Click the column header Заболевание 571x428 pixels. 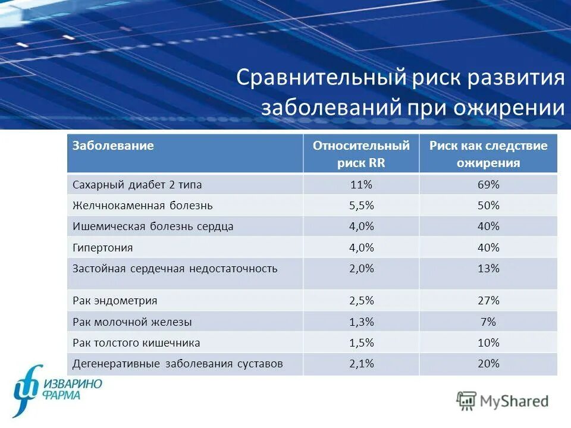[113, 146]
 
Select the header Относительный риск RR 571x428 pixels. [361, 154]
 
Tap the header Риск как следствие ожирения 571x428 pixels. [488, 154]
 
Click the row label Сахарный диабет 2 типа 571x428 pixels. [137, 185]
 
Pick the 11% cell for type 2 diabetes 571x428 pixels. [361, 185]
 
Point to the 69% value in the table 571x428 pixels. [488, 185]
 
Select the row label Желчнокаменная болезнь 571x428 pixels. [142, 206]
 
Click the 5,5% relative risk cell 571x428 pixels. [361, 206]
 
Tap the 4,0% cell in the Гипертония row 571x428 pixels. [361, 247]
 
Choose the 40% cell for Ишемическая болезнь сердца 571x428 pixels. [488, 226]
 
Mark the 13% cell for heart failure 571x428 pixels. [488, 269]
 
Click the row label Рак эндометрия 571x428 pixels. [115, 301]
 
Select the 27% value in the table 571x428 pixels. [488, 301]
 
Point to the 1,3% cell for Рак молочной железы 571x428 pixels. [361, 322]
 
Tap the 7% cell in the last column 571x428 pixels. [488, 322]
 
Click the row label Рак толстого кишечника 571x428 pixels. [136, 343]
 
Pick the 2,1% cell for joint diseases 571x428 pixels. [361, 364]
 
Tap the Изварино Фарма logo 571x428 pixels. [57, 389]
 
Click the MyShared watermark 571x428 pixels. [503, 401]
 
